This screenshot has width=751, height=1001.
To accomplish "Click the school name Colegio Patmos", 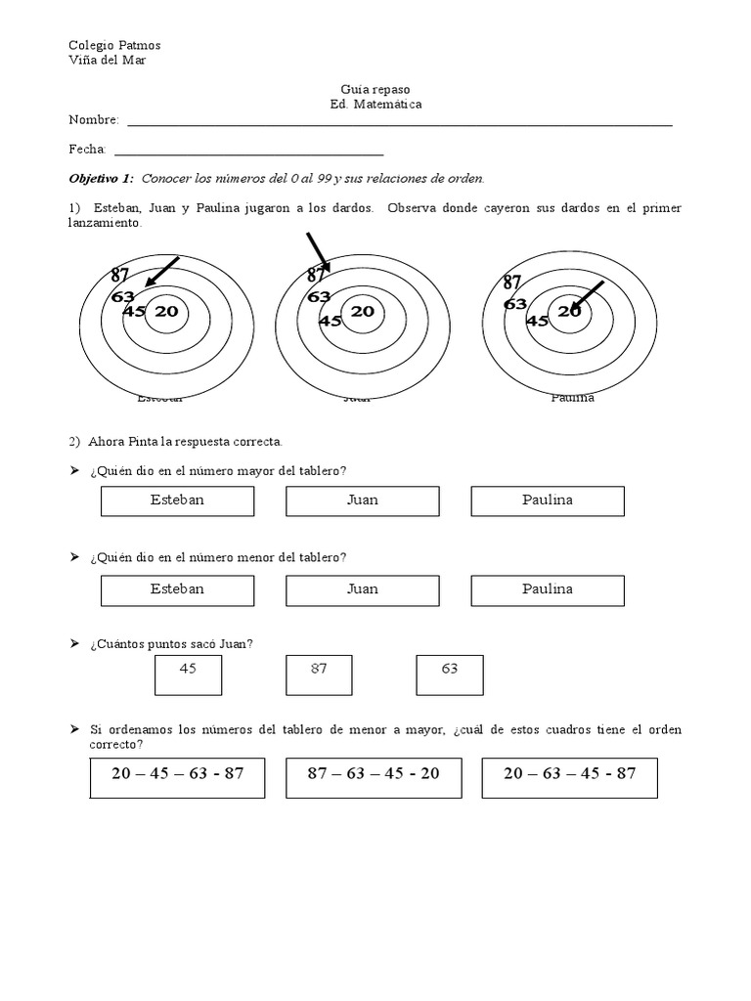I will (x=114, y=45).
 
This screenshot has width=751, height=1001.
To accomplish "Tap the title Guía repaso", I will (x=375, y=89).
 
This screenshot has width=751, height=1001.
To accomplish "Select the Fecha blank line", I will (x=248, y=152).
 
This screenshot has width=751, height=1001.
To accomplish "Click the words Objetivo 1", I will (x=100, y=179).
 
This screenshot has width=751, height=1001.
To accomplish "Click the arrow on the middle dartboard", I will (x=318, y=250).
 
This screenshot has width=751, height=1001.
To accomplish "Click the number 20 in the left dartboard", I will (x=166, y=312).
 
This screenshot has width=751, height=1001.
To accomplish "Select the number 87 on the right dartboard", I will (x=512, y=283).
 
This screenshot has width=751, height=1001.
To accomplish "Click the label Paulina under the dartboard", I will (x=572, y=397).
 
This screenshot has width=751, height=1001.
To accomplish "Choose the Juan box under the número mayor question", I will (x=363, y=500).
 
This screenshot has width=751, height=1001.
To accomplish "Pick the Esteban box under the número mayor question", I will (x=177, y=500).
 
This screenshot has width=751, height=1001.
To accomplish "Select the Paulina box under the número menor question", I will (x=548, y=589).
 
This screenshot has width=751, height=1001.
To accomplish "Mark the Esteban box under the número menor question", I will (x=177, y=589).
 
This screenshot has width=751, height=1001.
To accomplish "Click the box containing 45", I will (x=189, y=675).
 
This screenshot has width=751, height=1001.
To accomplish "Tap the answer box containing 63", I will (x=450, y=675).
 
